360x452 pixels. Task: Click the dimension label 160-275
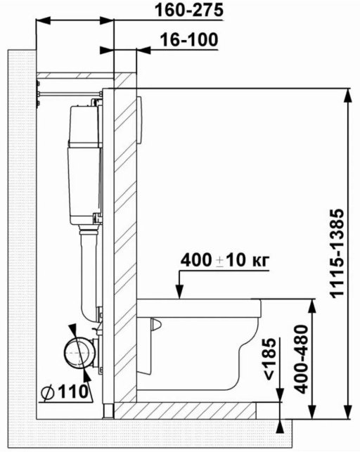click(x=189, y=10)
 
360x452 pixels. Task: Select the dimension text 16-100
click(x=188, y=39)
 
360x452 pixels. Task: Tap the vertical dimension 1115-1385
click(x=337, y=253)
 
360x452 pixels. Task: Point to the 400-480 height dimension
click(x=301, y=359)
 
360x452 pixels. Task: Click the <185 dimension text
click(x=270, y=359)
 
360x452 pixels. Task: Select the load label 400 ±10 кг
click(x=225, y=260)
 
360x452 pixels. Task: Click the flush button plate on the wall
click(x=139, y=120)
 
